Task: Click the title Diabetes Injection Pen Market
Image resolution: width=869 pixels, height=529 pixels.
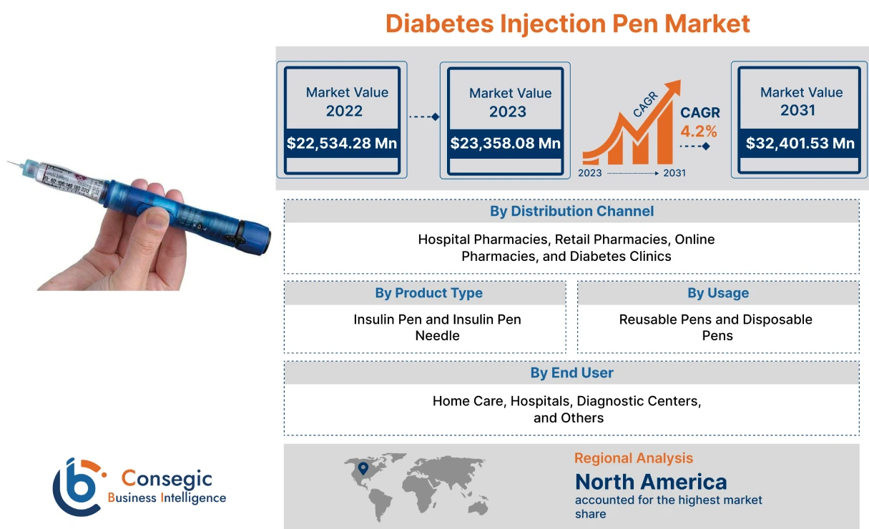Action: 567,24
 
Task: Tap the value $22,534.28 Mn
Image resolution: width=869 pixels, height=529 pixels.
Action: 342,143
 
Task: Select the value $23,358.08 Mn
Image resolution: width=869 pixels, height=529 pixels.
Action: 505,143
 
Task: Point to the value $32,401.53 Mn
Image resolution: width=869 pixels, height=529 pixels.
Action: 800,143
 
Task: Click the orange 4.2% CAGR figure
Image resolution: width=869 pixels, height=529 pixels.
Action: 698,132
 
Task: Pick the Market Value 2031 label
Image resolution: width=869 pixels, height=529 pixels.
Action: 800,101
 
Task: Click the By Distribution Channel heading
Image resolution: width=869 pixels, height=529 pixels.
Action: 571,211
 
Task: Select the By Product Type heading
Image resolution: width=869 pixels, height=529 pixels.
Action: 428,293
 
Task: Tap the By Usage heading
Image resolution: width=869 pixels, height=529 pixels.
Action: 717,293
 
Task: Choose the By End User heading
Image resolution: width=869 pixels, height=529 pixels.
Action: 571,372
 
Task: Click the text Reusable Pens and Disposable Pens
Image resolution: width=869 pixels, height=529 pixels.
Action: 716,327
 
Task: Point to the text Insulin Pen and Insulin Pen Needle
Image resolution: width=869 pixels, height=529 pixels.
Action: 437,327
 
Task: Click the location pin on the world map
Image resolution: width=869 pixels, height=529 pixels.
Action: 363,468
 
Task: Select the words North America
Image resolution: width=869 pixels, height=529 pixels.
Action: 651,481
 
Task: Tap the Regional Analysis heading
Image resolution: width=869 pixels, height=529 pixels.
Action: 633,458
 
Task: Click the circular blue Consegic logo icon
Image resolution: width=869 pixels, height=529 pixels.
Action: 77,488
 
